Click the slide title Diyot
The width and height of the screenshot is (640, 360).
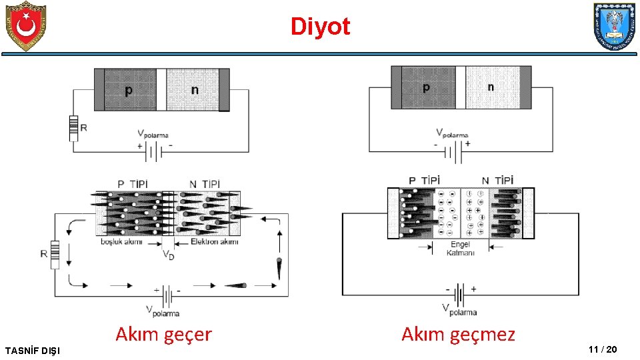tap(320, 27)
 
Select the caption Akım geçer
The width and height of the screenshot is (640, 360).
tap(163, 334)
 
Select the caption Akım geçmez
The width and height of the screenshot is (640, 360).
tap(458, 334)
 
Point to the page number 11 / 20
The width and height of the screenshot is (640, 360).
tap(603, 349)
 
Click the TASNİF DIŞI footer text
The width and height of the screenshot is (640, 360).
tap(31, 350)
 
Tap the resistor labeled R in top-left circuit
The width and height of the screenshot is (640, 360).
tap(73, 128)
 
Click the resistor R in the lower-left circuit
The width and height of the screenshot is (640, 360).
tap(55, 255)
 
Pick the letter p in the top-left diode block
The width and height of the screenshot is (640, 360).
tap(128, 89)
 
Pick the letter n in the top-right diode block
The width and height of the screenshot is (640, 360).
tap(491, 87)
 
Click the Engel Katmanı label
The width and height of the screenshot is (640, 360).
tap(460, 249)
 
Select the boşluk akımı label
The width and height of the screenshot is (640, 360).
tap(122, 241)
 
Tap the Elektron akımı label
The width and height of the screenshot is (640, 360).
tap(214, 241)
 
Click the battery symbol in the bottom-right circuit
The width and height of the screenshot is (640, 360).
tap(459, 293)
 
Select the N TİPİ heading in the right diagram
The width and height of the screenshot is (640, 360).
tap(498, 180)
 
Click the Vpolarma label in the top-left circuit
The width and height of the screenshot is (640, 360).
tap(153, 134)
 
